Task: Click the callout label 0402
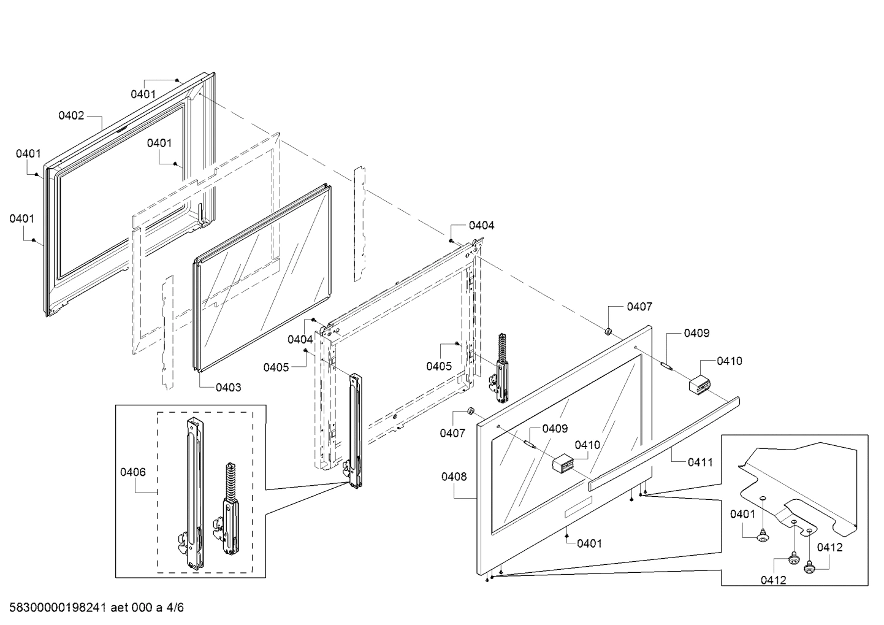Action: (x=71, y=115)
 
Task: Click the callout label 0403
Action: (x=228, y=387)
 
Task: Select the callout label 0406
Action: (x=133, y=472)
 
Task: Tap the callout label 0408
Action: (x=454, y=476)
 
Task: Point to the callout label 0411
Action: (x=700, y=462)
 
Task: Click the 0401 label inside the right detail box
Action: (x=742, y=514)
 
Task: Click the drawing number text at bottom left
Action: (x=94, y=608)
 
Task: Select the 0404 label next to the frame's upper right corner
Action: (x=481, y=225)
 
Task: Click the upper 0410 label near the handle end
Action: (x=729, y=361)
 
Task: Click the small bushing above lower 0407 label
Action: (x=471, y=410)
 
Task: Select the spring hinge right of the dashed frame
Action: (x=502, y=368)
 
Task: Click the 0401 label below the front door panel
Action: (x=589, y=543)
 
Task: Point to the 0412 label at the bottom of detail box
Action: (x=774, y=580)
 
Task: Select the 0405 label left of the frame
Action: (x=276, y=367)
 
